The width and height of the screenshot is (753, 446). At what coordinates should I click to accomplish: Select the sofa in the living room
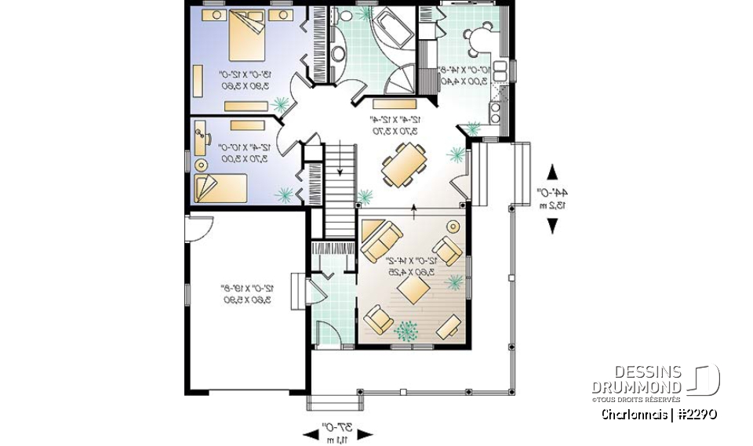click(x=382, y=234)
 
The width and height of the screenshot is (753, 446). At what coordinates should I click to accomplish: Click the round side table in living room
click(x=451, y=227)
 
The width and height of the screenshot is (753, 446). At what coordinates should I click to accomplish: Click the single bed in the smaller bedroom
click(x=220, y=189)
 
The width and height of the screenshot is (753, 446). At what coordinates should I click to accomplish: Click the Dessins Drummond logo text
click(x=636, y=379)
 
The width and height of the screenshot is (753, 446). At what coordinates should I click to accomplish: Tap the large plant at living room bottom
click(x=407, y=332)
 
